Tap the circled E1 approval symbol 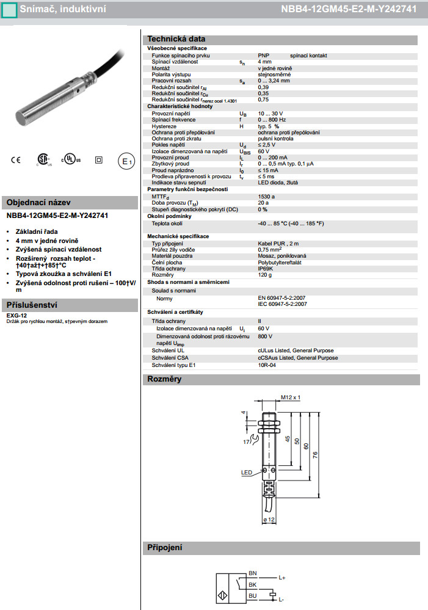pyautogui.click(x=126, y=161)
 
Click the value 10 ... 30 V pyautogui.click(x=270, y=114)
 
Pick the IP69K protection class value pyautogui.click(x=266, y=268)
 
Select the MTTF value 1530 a pyautogui.click(x=266, y=196)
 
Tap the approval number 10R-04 pyautogui.click(x=267, y=365)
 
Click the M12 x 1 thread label pyautogui.click(x=291, y=398)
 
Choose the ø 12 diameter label pyautogui.click(x=269, y=518)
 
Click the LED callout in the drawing pyautogui.click(x=247, y=472)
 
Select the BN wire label pyautogui.click(x=252, y=573)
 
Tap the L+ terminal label pyautogui.click(x=282, y=577)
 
